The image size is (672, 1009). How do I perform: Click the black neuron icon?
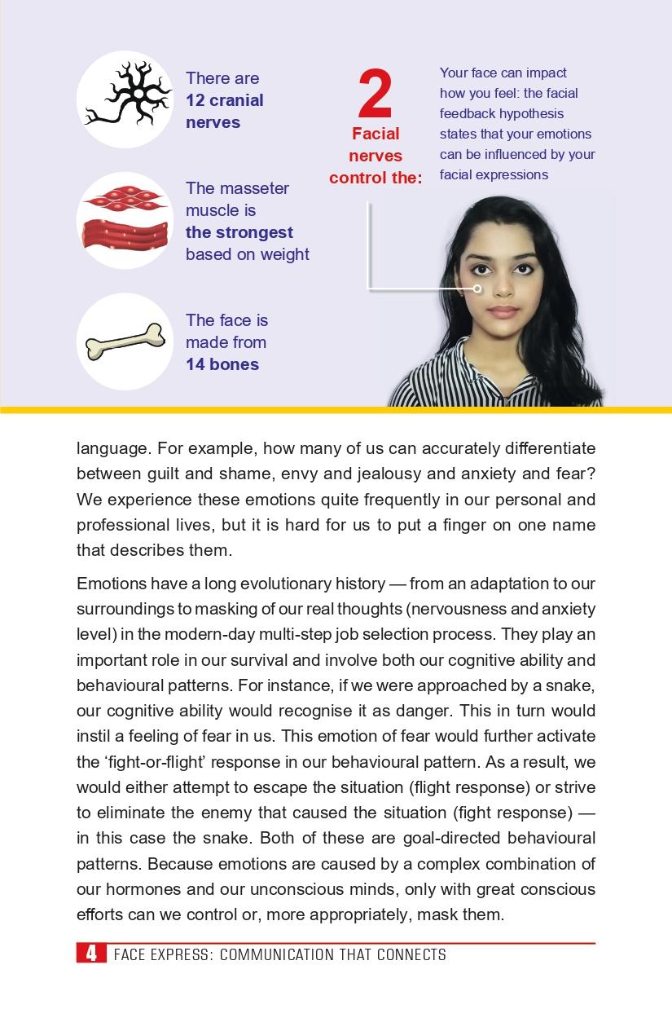[x=125, y=99]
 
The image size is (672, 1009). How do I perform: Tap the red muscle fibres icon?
[x=125, y=220]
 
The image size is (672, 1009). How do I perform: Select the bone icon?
[x=125, y=341]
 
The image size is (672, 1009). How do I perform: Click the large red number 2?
[x=375, y=95]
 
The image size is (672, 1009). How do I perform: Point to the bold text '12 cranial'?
[x=224, y=100]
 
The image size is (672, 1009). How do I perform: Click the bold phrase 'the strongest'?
[x=239, y=232]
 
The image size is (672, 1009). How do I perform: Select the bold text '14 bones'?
[x=222, y=364]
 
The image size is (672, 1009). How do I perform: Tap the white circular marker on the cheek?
[x=477, y=289]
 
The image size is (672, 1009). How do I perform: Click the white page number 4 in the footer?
[x=92, y=954]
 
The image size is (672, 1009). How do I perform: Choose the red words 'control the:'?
[x=376, y=177]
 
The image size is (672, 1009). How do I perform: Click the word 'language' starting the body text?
[x=112, y=449]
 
